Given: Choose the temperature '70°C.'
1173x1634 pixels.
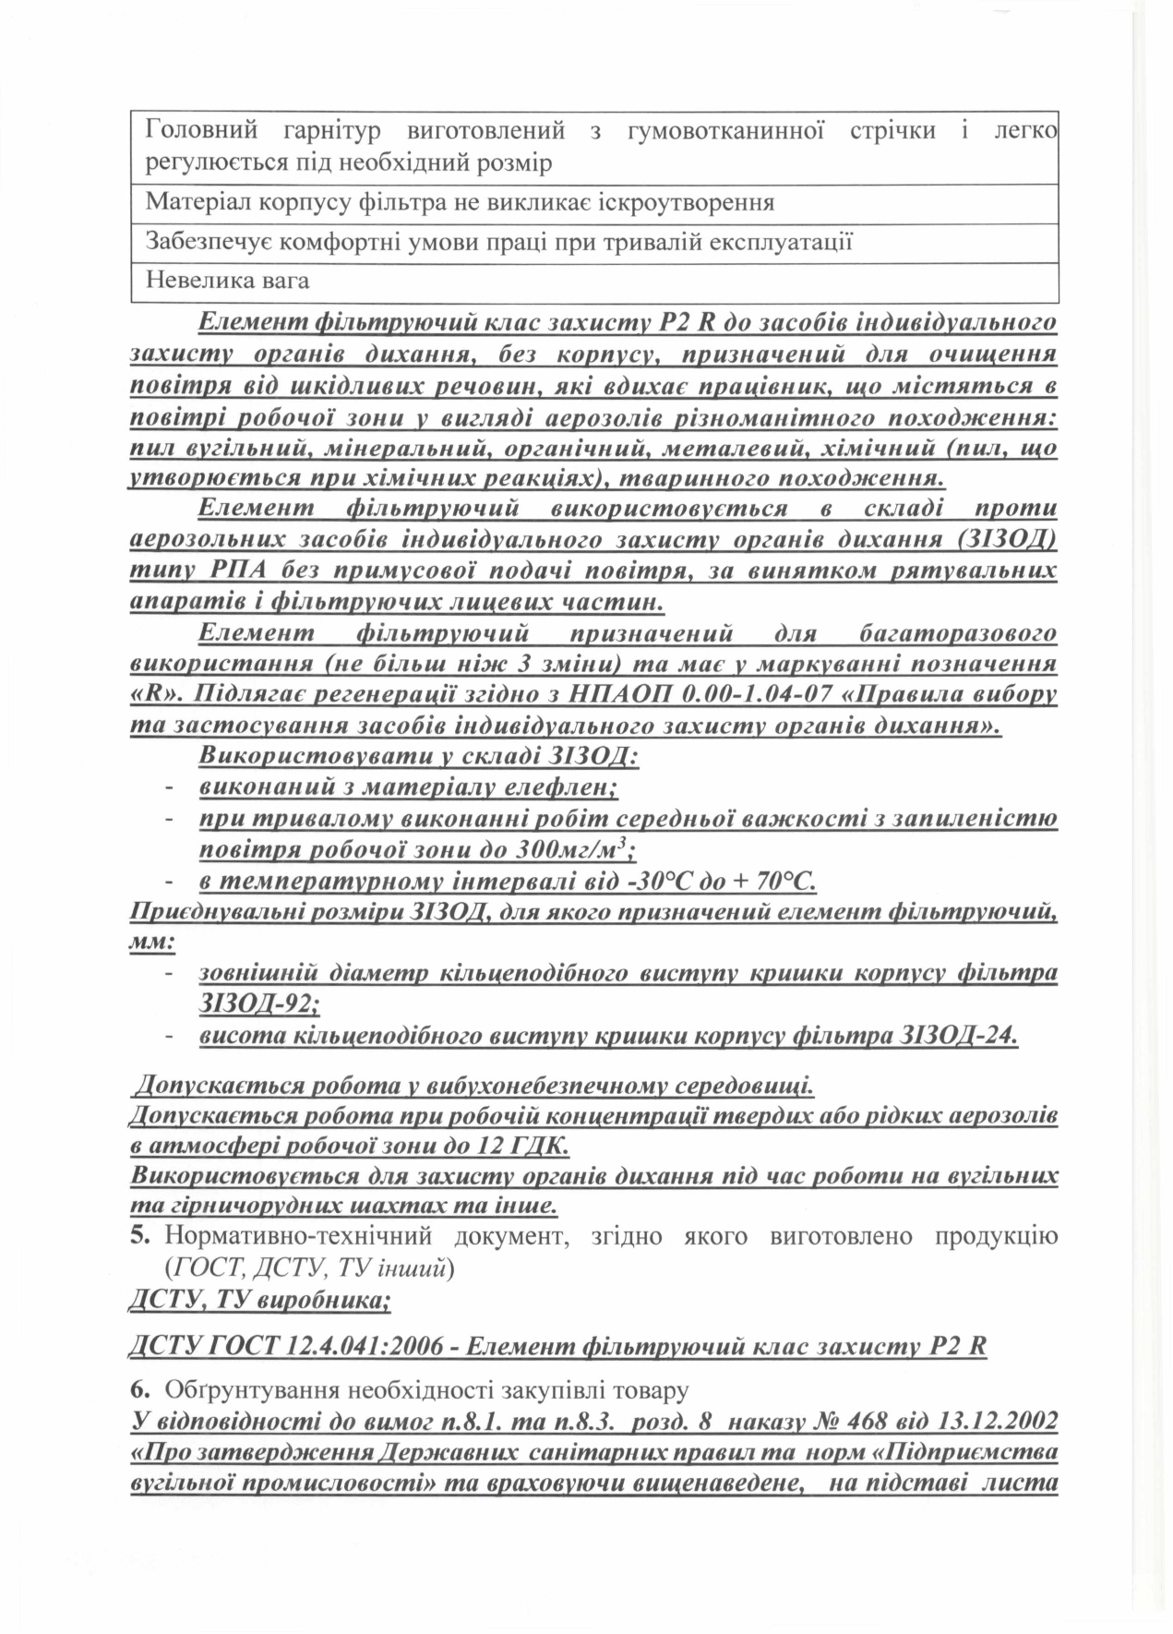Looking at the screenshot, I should pyautogui.click(x=785, y=882).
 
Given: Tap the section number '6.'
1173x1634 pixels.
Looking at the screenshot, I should pyautogui.click(x=140, y=1388).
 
